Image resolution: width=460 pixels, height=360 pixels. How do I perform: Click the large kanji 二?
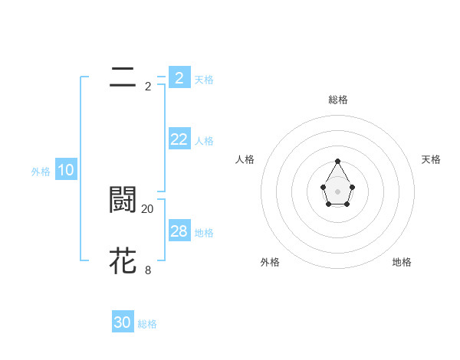[123, 77]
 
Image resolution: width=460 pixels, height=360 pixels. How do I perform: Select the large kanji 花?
[123, 260]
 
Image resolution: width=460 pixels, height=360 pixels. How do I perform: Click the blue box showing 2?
[179, 77]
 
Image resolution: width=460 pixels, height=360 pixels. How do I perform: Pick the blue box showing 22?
[179, 139]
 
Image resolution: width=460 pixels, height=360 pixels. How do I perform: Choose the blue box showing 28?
[179, 231]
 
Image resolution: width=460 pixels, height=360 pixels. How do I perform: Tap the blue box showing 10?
[66, 171]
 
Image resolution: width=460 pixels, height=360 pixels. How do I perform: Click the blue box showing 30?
[123, 322]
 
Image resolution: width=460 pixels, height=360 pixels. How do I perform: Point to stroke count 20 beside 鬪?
[148, 208]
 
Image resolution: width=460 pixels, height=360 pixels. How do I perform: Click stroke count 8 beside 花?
[148, 269]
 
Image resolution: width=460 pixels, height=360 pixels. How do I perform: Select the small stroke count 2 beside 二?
[148, 86]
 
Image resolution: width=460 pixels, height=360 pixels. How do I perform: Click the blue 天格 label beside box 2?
[204, 79]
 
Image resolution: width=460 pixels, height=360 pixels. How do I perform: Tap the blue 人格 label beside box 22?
[204, 141]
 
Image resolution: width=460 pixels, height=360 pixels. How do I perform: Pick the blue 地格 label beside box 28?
[204, 233]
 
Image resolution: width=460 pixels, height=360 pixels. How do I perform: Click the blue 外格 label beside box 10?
[41, 172]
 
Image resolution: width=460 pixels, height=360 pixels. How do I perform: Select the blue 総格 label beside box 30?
[147, 324]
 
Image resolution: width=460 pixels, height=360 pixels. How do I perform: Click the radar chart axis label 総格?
[338, 100]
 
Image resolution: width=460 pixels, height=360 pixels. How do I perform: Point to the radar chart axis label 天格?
[432, 159]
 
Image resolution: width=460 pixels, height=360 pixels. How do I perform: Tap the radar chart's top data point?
[338, 161]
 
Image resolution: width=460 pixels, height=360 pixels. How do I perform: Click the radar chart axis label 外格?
[270, 262]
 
